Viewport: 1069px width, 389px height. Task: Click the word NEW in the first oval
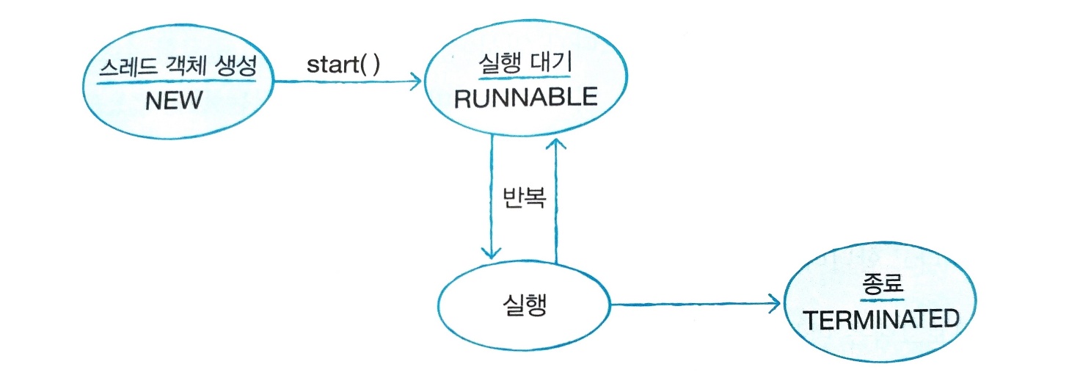[173, 100]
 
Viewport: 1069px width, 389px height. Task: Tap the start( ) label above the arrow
[343, 65]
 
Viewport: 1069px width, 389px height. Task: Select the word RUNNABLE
[526, 98]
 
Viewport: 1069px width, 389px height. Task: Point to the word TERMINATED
[881, 320]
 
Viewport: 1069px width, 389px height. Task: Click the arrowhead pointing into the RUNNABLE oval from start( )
[417, 81]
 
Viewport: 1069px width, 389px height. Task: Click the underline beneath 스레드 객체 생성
[177, 81]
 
